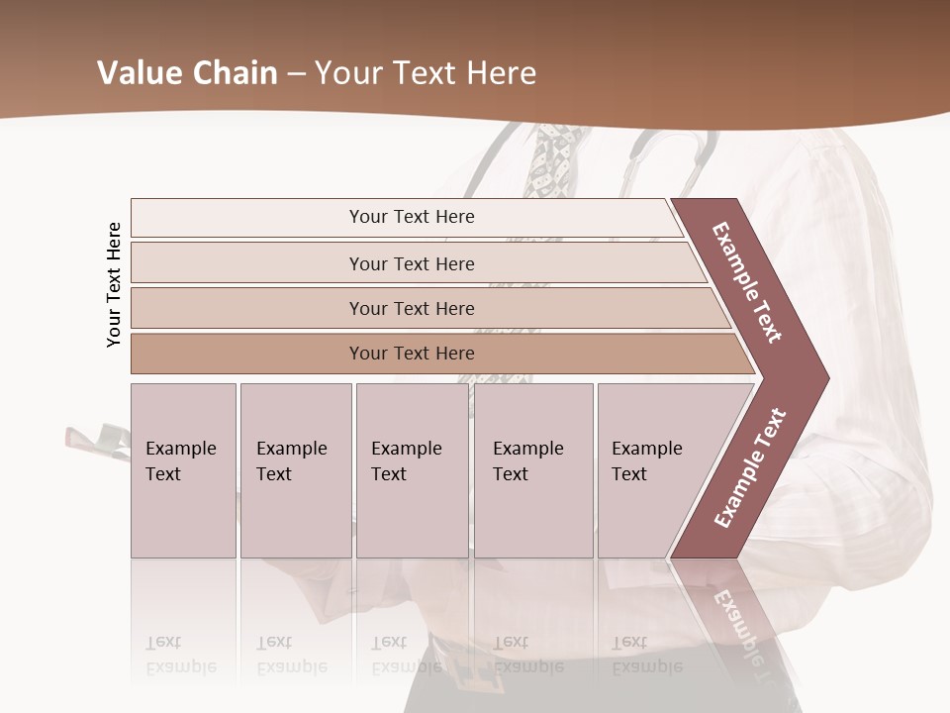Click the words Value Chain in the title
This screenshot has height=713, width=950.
[x=187, y=73]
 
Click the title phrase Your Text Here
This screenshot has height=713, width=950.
[x=426, y=73]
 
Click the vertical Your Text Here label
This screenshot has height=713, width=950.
[x=114, y=284]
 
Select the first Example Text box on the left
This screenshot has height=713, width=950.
[x=183, y=470]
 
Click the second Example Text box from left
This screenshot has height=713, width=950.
[x=295, y=470]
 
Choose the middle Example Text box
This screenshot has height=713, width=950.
[x=412, y=470]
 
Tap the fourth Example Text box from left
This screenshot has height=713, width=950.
[x=532, y=470]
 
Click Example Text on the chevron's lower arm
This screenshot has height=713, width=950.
[x=749, y=468]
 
